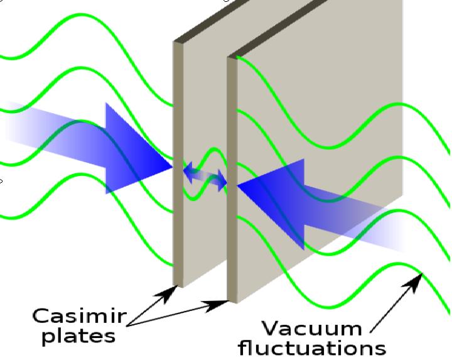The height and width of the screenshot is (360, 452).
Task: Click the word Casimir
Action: (x=80, y=315)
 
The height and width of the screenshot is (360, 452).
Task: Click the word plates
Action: (x=78, y=337)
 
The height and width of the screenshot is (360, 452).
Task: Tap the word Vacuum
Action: (x=312, y=329)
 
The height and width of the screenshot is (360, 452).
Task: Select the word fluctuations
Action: (x=313, y=347)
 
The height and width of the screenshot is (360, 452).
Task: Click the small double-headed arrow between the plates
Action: (x=205, y=177)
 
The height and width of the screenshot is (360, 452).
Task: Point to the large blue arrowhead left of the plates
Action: (x=139, y=148)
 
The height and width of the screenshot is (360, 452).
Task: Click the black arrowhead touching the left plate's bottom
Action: (x=167, y=293)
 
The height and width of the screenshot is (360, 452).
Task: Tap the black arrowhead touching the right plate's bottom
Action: (x=215, y=306)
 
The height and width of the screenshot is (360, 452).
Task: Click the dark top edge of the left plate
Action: (x=211, y=21)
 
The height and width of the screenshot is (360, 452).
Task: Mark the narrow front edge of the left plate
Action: (x=178, y=164)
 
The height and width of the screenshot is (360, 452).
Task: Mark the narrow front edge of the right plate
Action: (x=232, y=180)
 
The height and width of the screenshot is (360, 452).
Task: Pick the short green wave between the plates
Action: (x=205, y=174)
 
